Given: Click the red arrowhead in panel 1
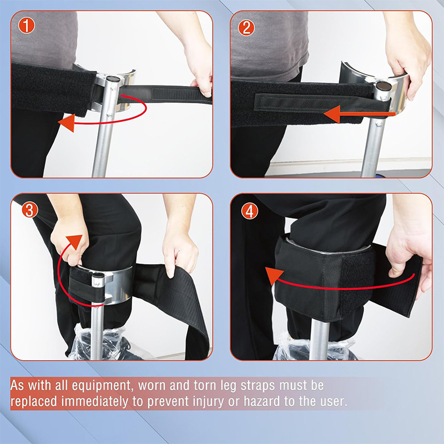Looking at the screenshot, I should [x=66, y=123].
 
